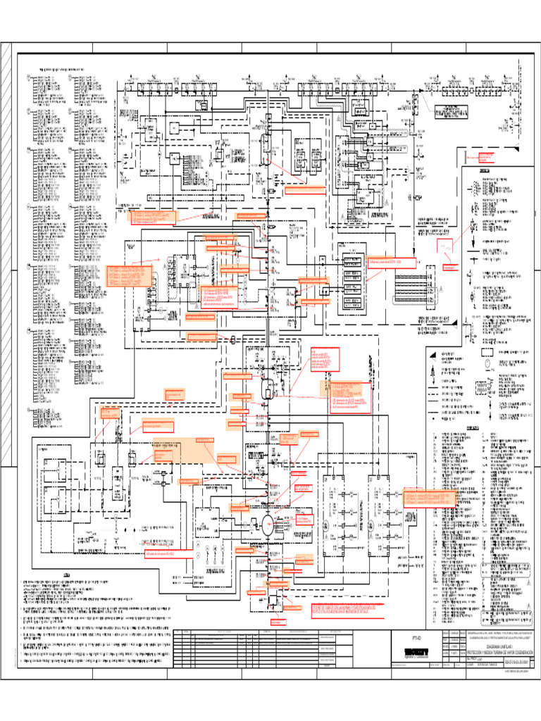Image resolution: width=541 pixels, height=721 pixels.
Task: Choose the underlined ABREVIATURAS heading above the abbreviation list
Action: coord(479,427)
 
